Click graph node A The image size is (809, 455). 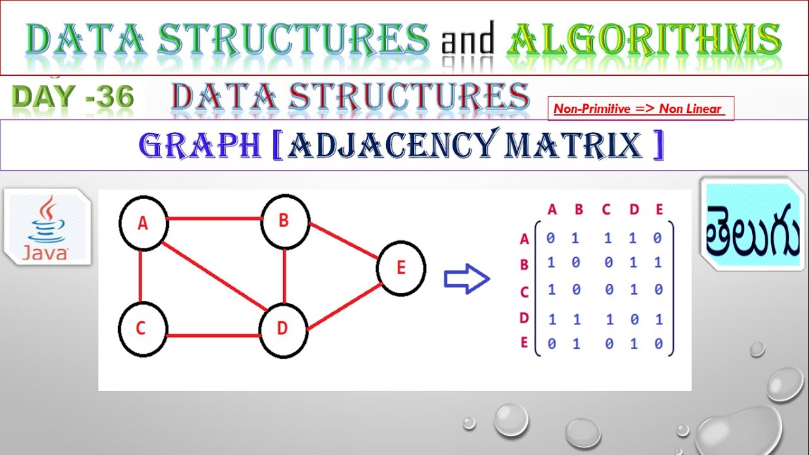(143, 224)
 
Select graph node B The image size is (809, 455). (284, 221)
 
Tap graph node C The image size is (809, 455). (142, 329)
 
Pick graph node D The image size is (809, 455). (283, 329)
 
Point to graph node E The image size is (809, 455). (401, 268)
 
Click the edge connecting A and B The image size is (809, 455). (215, 219)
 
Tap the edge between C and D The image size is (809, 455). (214, 334)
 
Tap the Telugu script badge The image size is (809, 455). (752, 226)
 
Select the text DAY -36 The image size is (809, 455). (73, 97)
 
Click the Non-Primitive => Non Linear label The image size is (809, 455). (638, 109)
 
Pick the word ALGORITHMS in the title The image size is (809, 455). (643, 39)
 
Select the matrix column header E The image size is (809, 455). (659, 210)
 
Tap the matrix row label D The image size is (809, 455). (524, 317)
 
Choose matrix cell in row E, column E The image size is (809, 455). (659, 344)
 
